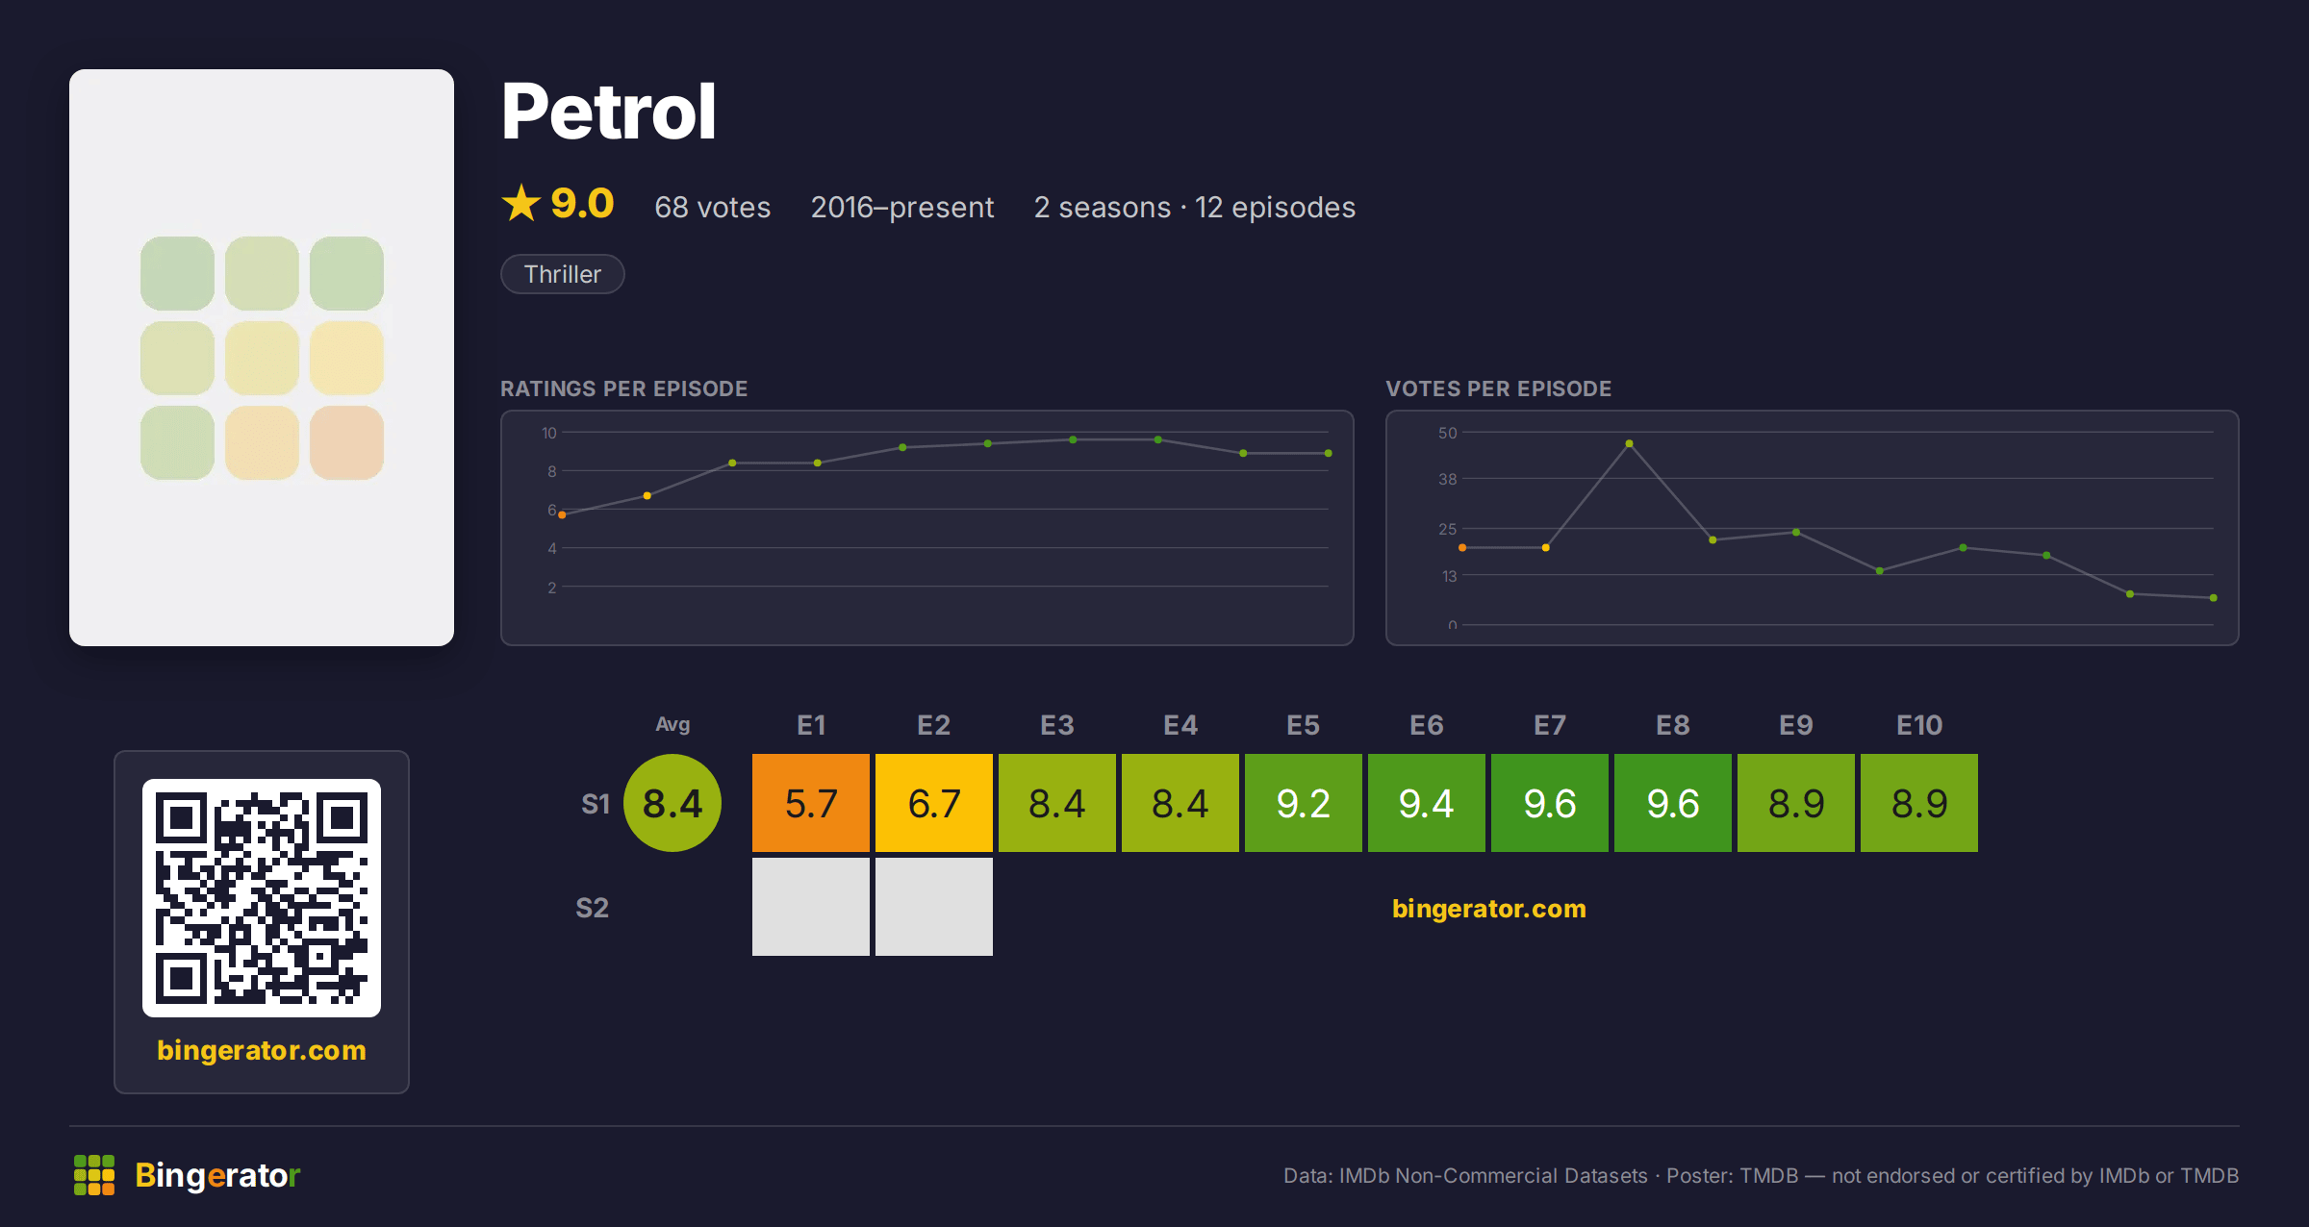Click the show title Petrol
(608, 112)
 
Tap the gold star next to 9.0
(521, 203)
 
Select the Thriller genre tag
(563, 274)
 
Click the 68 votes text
(713, 207)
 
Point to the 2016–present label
(902, 207)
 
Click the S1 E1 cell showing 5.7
(811, 803)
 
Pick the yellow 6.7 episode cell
(934, 803)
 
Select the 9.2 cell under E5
(1304, 803)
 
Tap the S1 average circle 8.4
(672, 803)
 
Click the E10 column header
(1919, 725)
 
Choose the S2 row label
(592, 908)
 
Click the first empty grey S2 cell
(811, 907)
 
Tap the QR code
(262, 898)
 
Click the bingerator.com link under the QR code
(262, 1050)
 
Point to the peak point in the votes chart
(1629, 443)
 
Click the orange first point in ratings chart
(562, 515)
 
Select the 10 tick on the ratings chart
(549, 433)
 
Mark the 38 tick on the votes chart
(1448, 479)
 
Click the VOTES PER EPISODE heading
(1498, 388)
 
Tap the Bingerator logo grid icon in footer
(94, 1175)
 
